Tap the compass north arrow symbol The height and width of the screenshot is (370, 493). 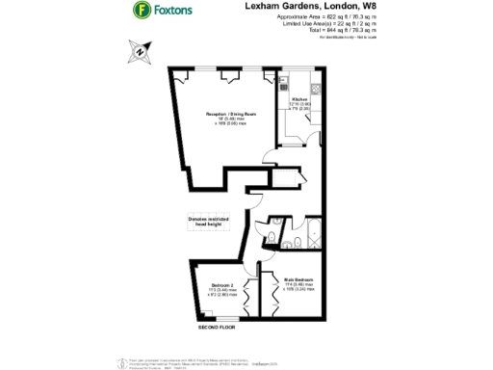point(143,54)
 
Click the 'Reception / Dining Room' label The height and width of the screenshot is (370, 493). point(228,114)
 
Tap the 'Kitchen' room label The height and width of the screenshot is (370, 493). point(298,97)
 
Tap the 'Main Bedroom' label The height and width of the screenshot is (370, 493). point(299,279)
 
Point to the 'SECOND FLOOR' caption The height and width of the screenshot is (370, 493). point(219,330)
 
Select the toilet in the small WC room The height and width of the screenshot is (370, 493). point(274,237)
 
